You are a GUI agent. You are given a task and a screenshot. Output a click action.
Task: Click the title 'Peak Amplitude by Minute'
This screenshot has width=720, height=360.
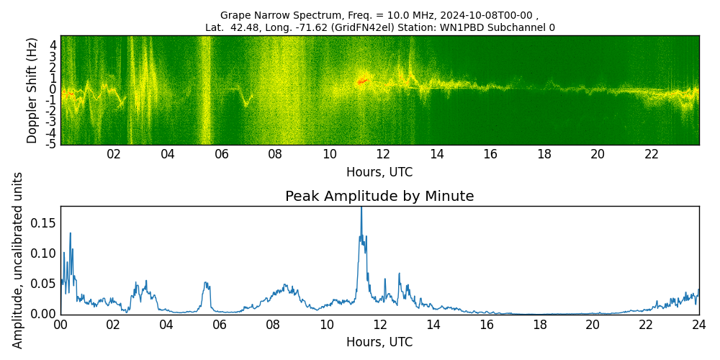click(x=379, y=197)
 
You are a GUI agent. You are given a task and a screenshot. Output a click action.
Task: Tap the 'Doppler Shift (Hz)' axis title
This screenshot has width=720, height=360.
click(x=32, y=90)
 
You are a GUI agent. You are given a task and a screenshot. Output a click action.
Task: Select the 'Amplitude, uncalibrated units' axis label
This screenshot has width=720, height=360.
click(x=18, y=260)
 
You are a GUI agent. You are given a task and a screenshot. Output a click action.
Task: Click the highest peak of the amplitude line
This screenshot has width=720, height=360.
click(x=361, y=208)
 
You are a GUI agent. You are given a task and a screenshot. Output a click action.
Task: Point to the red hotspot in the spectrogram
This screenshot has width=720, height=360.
click(x=362, y=81)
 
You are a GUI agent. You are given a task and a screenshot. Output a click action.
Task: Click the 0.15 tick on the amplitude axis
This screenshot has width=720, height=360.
click(x=42, y=222)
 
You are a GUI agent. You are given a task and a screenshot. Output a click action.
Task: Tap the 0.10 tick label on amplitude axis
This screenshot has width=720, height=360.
click(x=42, y=253)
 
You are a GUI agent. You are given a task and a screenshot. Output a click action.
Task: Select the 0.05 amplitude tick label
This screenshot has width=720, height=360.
click(x=42, y=283)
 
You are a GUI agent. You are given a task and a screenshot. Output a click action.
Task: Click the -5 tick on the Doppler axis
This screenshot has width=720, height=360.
click(x=52, y=144)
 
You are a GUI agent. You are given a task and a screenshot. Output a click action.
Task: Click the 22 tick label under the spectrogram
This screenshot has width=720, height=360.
click(x=652, y=154)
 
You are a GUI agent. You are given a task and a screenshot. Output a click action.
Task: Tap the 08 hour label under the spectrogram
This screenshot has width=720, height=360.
click(x=275, y=154)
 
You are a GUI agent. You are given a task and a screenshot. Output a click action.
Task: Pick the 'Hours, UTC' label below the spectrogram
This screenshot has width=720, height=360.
click(x=379, y=172)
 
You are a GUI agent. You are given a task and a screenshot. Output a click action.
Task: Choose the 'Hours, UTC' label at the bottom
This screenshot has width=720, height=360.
click(x=379, y=342)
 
